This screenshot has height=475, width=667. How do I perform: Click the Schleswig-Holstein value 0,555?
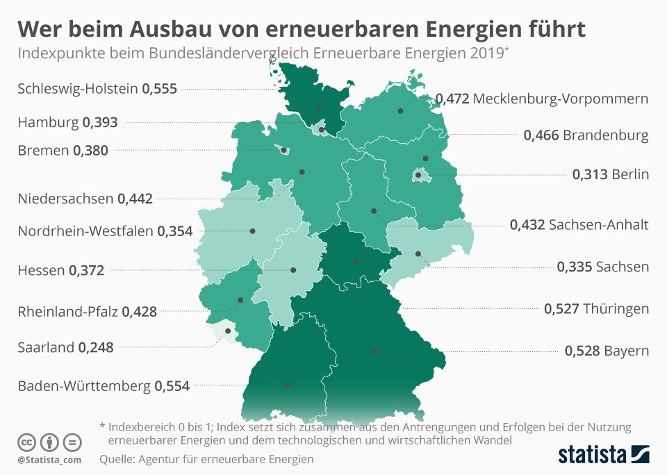click(x=160, y=88)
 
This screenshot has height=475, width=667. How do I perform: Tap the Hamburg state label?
click(x=48, y=122)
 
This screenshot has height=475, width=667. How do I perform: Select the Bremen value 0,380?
click(x=90, y=150)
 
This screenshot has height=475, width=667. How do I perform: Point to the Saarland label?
click(x=46, y=347)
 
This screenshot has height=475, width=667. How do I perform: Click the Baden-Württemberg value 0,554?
click(x=172, y=385)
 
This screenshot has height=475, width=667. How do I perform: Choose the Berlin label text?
click(x=630, y=174)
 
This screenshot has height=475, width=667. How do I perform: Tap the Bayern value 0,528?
click(x=582, y=351)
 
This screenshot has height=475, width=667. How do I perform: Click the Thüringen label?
click(x=616, y=308)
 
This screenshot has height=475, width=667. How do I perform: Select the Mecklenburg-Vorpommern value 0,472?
click(x=452, y=99)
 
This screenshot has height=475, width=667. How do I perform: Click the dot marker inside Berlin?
click(x=418, y=175)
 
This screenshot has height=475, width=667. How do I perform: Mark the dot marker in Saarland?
click(x=228, y=331)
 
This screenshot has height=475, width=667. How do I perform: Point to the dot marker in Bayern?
click(x=374, y=351)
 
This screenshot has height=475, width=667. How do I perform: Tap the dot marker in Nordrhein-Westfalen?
click(x=253, y=231)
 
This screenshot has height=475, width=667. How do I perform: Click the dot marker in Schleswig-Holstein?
click(x=319, y=109)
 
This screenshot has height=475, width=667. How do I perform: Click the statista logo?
click(x=604, y=454)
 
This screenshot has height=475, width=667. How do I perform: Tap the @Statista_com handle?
click(x=49, y=460)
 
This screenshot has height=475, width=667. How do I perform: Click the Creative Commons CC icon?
click(x=27, y=442)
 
